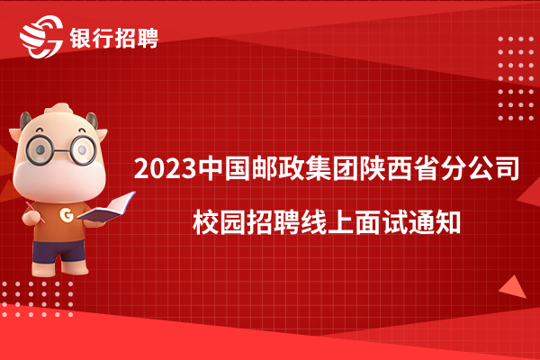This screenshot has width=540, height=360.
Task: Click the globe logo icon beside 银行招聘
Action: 41,37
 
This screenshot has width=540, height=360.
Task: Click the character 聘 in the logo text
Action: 148,38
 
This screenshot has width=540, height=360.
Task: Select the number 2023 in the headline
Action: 165,169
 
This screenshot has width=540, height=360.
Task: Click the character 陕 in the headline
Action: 373,169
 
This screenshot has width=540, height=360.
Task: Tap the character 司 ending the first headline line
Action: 507,169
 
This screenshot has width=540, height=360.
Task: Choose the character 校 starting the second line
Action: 206,222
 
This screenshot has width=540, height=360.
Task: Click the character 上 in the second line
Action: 340,222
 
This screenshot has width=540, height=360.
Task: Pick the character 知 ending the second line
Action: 448,222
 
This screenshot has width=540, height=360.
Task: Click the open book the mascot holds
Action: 107,208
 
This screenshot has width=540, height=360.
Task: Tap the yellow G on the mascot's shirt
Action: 66,215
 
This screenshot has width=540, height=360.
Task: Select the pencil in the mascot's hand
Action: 35,212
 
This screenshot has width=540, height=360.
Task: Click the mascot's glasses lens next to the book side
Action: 83,150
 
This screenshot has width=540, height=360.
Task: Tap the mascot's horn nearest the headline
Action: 92,121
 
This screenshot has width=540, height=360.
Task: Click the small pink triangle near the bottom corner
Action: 514,287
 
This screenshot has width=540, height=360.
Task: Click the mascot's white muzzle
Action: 59,179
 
